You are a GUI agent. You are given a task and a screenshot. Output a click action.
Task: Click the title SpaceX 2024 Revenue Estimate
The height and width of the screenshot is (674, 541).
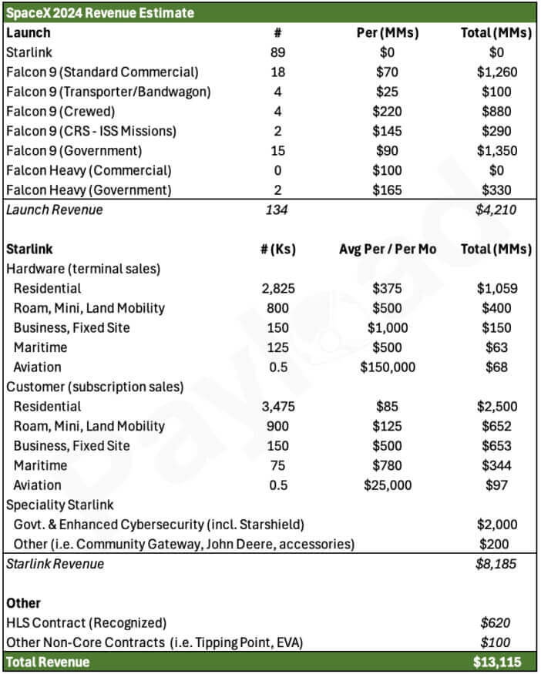pyautogui.click(x=100, y=13)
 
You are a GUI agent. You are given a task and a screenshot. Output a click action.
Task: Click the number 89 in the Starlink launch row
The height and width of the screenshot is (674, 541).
pyautogui.click(x=278, y=52)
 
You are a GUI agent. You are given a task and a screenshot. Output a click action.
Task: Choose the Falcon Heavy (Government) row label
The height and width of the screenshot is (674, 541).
pyautogui.click(x=89, y=190)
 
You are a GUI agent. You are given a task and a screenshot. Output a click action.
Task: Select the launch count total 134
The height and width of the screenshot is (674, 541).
pyautogui.click(x=278, y=210)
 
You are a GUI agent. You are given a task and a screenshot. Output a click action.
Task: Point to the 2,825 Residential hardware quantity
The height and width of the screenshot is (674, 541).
pyautogui.click(x=278, y=289)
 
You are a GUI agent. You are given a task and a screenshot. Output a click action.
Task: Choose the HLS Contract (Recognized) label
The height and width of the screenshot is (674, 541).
pyautogui.click(x=86, y=622)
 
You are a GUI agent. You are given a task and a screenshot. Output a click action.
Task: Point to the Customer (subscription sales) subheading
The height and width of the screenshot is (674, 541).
pyautogui.click(x=95, y=387)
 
